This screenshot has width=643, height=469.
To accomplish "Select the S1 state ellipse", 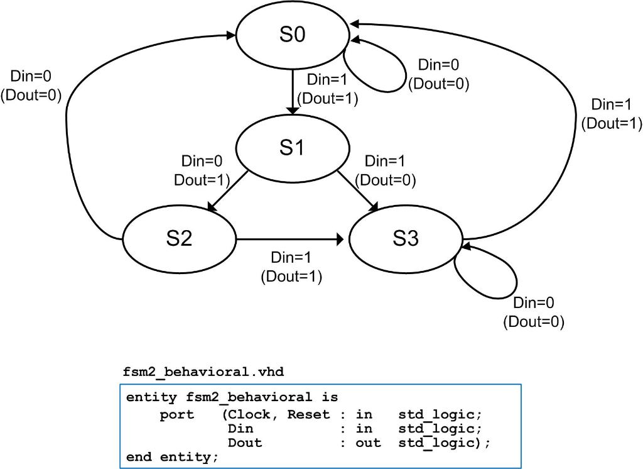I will click(292, 149).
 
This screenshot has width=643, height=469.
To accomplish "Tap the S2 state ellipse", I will click(179, 239).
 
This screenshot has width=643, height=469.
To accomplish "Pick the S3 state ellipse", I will click(405, 239).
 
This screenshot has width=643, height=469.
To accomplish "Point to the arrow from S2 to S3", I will click(289, 240).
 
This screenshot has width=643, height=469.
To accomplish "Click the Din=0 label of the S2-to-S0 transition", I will click(31, 76).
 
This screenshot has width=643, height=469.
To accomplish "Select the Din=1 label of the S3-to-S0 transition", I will click(612, 104).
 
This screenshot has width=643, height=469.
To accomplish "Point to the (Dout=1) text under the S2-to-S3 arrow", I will click(291, 277).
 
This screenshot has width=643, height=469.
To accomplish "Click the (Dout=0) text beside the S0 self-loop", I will click(439, 83).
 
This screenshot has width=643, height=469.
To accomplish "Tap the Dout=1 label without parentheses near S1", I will click(198, 180).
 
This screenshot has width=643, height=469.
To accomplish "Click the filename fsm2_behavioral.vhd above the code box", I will click(203, 372).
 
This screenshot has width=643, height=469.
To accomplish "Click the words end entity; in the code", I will click(172, 456).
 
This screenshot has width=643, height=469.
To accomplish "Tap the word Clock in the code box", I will click(249, 415).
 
